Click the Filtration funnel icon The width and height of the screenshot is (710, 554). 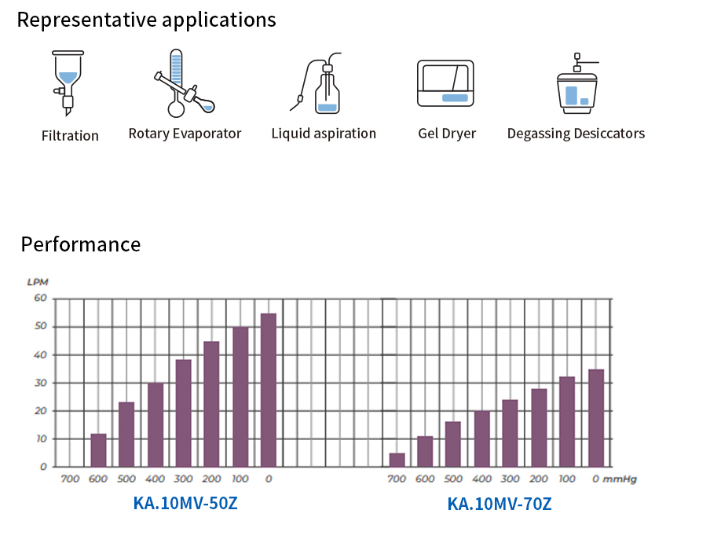68,83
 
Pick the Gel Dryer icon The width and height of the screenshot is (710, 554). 446,83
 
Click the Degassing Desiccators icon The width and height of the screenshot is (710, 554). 576,83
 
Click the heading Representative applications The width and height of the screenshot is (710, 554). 146,20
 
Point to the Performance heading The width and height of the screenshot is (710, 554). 80,244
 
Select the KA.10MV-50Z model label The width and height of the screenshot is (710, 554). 185,503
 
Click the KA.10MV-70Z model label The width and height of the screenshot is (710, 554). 500,504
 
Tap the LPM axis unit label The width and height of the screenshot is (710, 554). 38,281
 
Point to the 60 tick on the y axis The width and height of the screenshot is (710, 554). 40,299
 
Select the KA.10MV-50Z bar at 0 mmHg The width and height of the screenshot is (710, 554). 269,390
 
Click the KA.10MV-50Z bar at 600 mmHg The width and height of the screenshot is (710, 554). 98,450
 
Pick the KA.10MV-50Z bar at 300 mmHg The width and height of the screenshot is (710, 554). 184,413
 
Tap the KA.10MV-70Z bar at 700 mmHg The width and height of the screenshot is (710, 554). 397,460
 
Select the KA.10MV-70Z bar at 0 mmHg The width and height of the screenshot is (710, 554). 596,418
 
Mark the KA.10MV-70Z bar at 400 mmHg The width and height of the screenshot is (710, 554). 482,438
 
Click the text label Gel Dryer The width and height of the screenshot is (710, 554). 447,134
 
